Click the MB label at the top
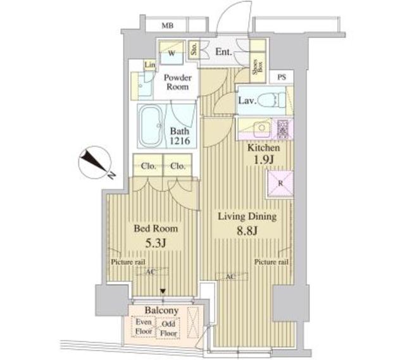point(167,26)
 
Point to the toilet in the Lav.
point(271,100)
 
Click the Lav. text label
point(247,101)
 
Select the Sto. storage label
point(194,49)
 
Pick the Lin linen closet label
point(149,66)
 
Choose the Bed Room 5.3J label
point(155,235)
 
